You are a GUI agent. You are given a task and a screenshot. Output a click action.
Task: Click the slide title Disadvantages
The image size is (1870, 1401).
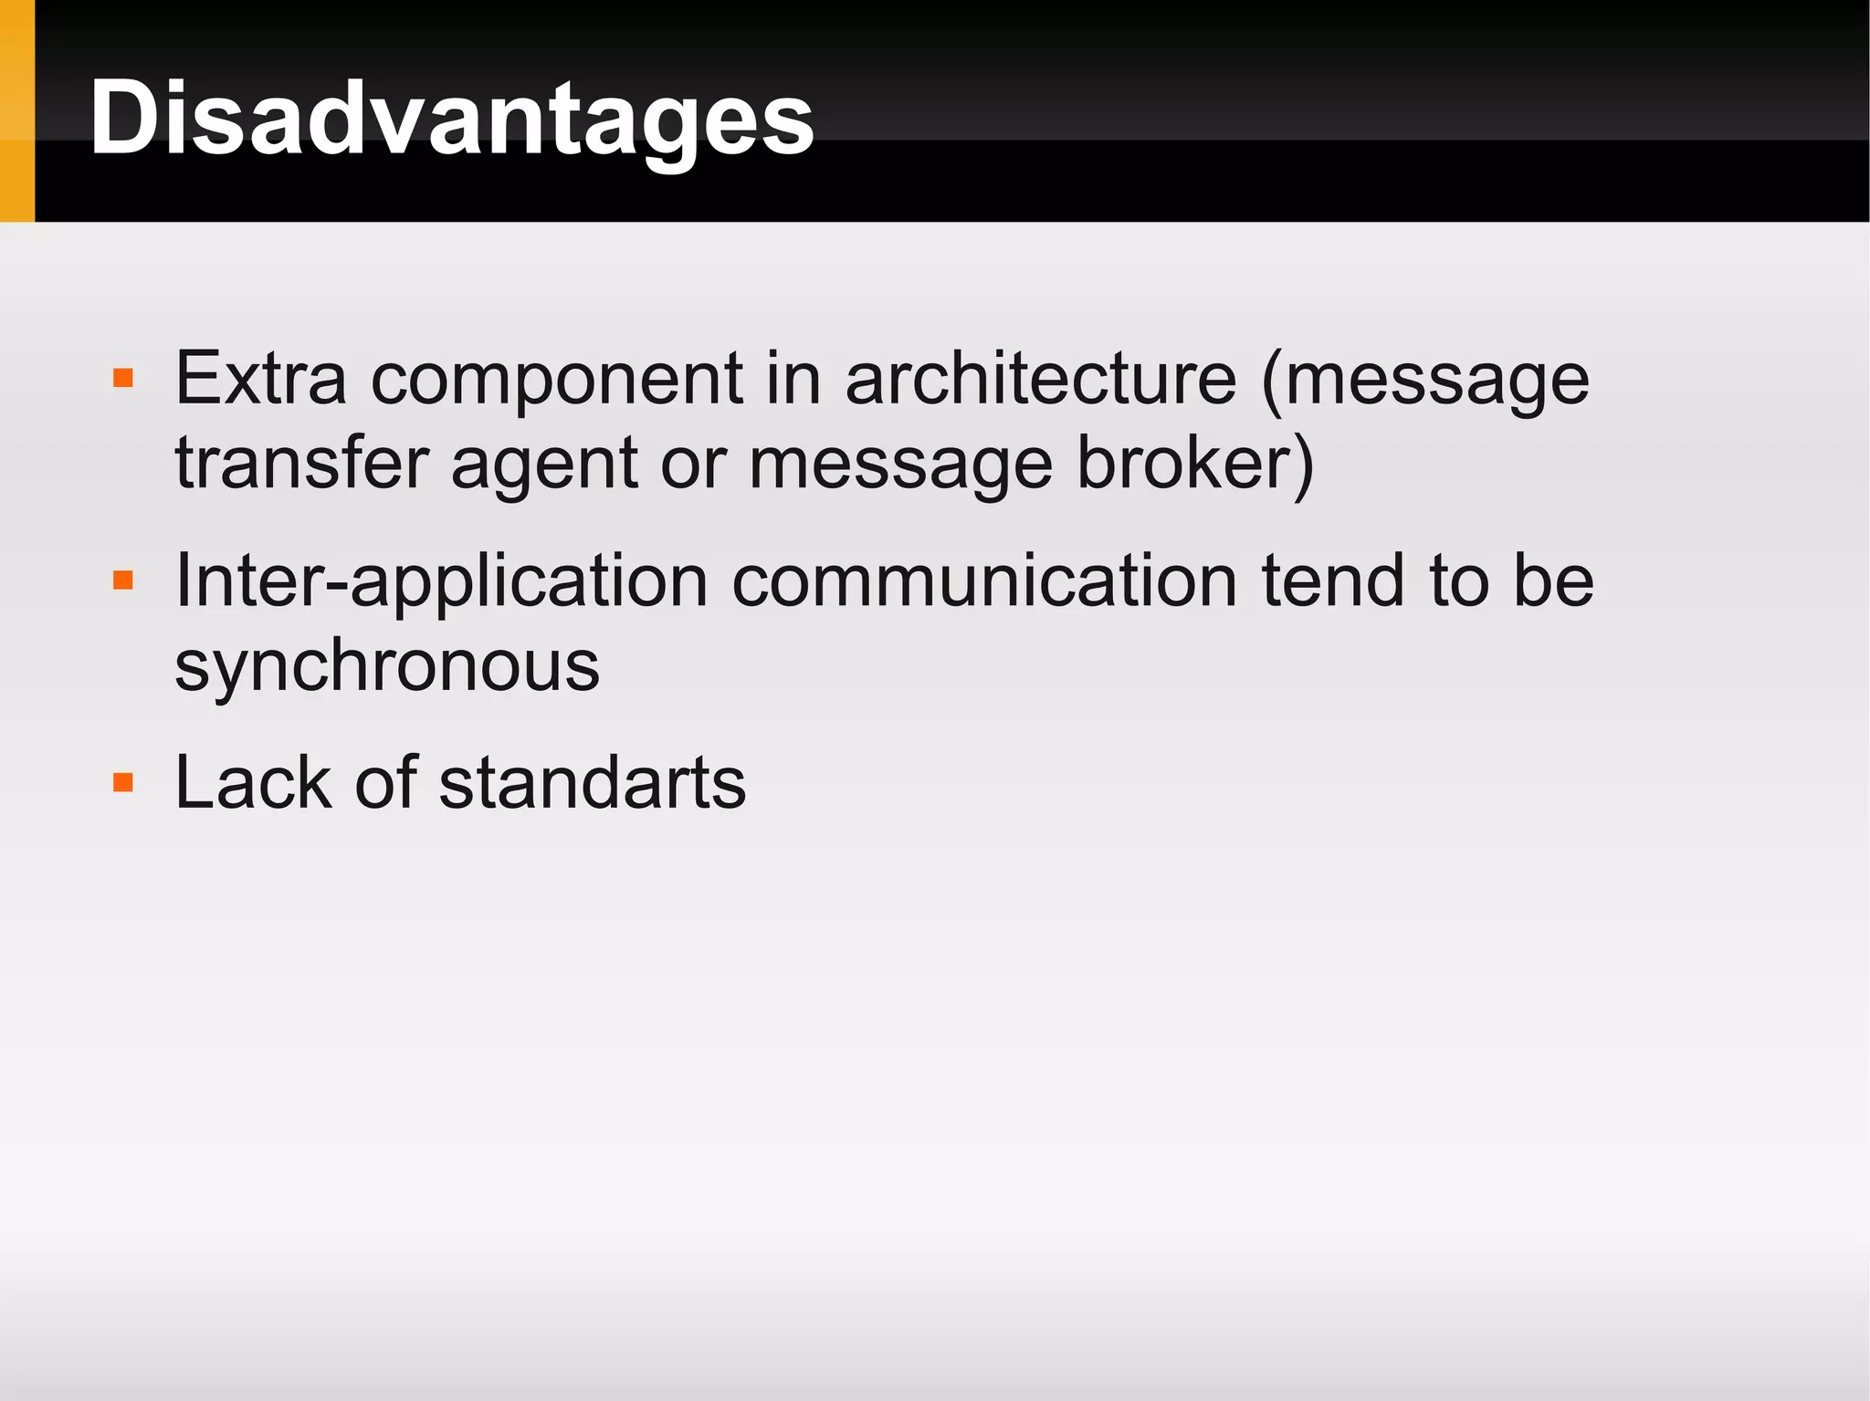pos(451,119)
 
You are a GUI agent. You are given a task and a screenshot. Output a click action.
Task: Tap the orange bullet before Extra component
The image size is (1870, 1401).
pos(123,378)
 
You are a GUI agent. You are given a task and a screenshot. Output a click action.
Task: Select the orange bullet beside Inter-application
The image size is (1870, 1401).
pos(123,580)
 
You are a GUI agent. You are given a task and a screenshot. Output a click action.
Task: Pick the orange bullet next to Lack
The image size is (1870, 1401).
pos(123,783)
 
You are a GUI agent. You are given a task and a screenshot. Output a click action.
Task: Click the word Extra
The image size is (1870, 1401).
pos(260,378)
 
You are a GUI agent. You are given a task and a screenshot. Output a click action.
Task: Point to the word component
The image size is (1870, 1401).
pos(557,380)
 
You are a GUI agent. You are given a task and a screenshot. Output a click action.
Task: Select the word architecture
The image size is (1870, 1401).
pos(1040,378)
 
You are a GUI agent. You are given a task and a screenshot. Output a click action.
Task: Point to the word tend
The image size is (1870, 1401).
pos(1334,580)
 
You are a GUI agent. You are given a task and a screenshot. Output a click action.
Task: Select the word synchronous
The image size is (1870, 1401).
pos(387,666)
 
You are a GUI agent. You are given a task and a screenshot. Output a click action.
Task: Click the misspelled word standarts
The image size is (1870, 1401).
pos(592,783)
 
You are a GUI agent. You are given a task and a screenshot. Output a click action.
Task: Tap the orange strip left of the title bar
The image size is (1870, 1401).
pos(16,110)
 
